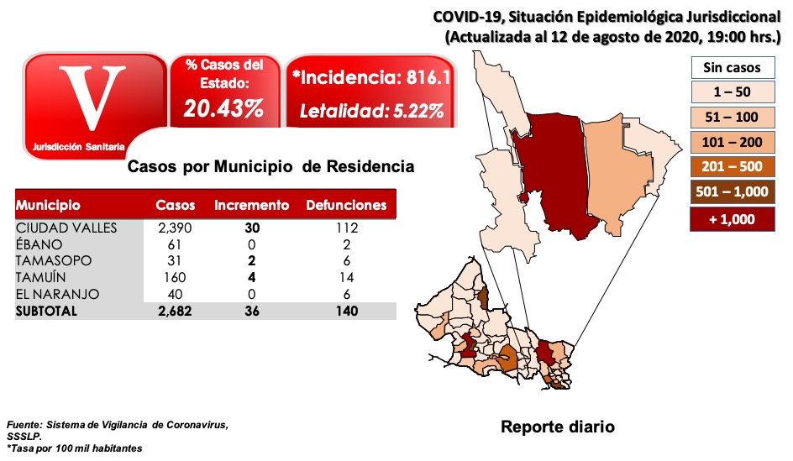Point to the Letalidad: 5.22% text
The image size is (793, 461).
coord(372,111)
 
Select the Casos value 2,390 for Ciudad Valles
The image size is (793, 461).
coord(176,228)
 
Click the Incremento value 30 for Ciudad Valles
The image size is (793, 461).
coord(252,228)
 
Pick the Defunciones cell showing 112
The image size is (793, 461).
coord(346,228)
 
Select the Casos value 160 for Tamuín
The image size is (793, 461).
coord(176,278)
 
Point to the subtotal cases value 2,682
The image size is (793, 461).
coord(176,312)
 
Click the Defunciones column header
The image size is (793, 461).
coord(346,205)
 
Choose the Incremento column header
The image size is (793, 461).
coord(252,205)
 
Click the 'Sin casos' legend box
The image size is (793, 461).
coord(731,67)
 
